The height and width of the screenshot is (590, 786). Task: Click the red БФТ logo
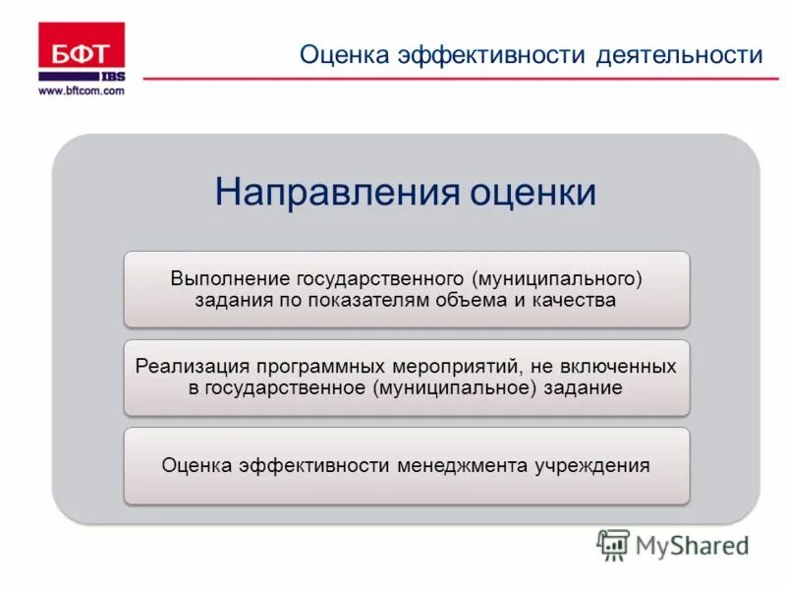pyautogui.click(x=82, y=50)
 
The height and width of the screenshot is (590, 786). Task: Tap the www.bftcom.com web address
pyautogui.click(x=82, y=90)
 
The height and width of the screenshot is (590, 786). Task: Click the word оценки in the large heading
pyautogui.click(x=533, y=191)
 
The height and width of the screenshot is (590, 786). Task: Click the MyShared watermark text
pyautogui.click(x=691, y=544)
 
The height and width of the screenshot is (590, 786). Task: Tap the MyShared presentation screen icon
pyautogui.click(x=613, y=544)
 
